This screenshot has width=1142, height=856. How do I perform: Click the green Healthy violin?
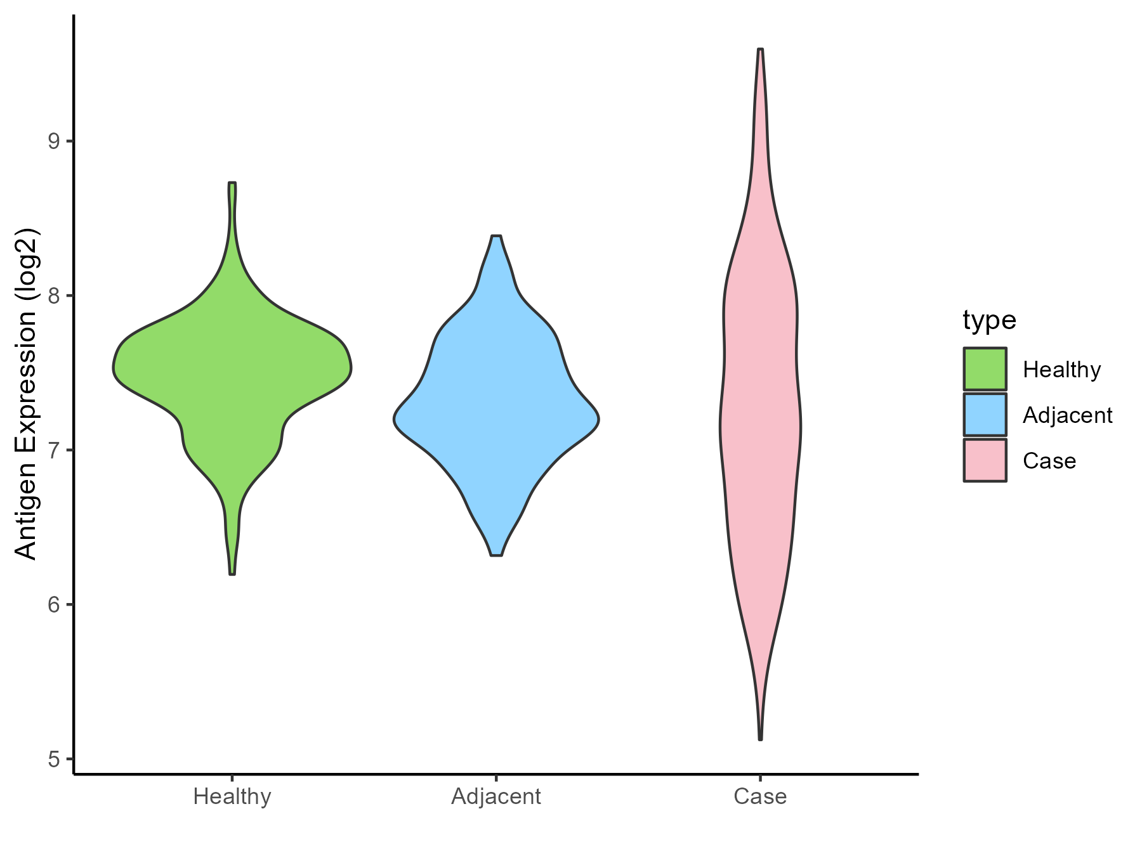pyautogui.click(x=232, y=374)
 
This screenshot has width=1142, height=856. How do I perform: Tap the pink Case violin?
pyautogui.click(x=760, y=412)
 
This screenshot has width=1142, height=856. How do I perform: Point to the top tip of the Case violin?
pyautogui.click(x=760, y=50)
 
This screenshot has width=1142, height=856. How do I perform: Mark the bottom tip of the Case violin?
pyautogui.click(x=760, y=738)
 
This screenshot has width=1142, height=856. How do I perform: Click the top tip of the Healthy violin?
pyautogui.click(x=232, y=184)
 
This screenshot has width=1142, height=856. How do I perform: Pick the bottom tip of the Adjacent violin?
pyautogui.click(x=496, y=554)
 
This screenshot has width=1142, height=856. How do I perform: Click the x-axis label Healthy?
pyautogui.click(x=232, y=796)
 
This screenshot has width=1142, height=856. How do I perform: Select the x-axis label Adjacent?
pyautogui.click(x=496, y=796)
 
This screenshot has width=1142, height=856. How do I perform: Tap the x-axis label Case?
pyautogui.click(x=760, y=796)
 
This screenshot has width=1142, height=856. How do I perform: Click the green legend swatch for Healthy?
pyautogui.click(x=985, y=368)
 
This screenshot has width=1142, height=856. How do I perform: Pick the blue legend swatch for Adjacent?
pyautogui.click(x=985, y=415)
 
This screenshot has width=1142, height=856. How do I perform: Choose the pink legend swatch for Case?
pyautogui.click(x=985, y=460)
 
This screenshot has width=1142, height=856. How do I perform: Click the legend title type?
pyautogui.click(x=989, y=320)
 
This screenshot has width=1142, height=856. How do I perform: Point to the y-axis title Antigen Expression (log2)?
pyautogui.click(x=27, y=393)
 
